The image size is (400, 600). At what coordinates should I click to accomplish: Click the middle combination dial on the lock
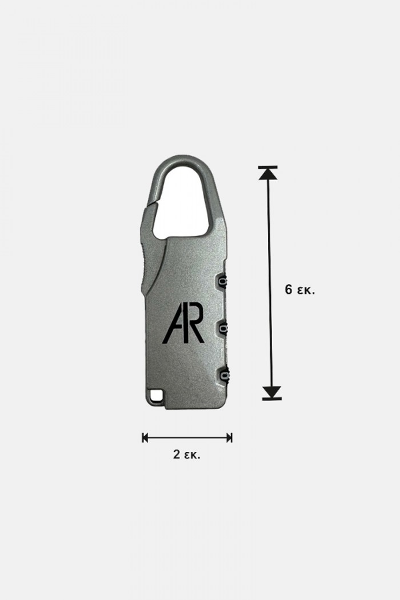click(222, 327)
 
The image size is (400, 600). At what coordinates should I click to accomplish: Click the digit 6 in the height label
click(289, 289)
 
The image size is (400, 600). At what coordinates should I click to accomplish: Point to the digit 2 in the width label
click(177, 455)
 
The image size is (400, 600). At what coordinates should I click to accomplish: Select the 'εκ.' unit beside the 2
click(193, 455)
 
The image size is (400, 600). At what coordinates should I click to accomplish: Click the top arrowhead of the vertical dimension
click(267, 173)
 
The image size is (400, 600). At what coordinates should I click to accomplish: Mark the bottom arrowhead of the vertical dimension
click(272, 392)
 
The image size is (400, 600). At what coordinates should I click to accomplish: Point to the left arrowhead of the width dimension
click(146, 438)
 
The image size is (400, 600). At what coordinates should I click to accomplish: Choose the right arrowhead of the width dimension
click(229, 438)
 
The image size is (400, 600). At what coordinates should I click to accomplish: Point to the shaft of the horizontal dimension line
click(187, 438)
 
